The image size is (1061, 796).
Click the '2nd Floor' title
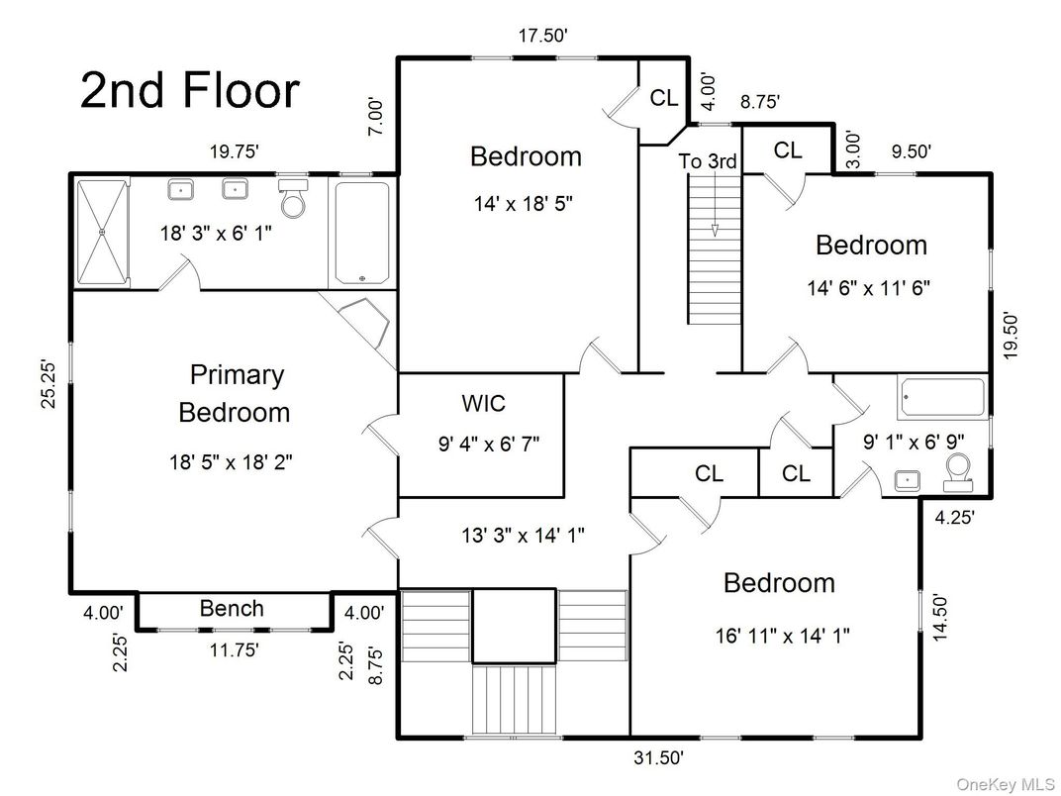[189, 91]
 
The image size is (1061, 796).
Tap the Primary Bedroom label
[236, 393]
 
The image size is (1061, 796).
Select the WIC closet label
[483, 404]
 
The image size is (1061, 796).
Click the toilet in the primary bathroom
[294, 199]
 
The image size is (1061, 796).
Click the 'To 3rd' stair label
[708, 161]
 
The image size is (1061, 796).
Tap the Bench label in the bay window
[232, 608]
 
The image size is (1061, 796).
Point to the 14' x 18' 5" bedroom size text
[524, 204]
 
